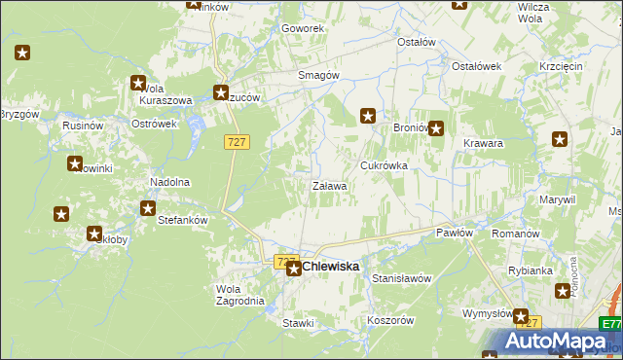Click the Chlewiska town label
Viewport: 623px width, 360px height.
pyautogui.click(x=331, y=266)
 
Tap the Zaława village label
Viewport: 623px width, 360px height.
pyautogui.click(x=329, y=186)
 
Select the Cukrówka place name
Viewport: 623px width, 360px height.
pyautogui.click(x=384, y=166)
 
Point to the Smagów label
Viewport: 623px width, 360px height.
pyautogui.click(x=317, y=75)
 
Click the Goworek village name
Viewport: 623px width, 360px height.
pyautogui.click(x=302, y=29)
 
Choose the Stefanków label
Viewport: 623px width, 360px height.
pyautogui.click(x=183, y=220)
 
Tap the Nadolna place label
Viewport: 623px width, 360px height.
pyautogui.click(x=168, y=182)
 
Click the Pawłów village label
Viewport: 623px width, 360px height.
pyautogui.click(x=455, y=233)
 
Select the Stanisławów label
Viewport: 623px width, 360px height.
pyautogui.click(x=401, y=278)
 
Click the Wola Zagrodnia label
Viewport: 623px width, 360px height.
pyautogui.click(x=238, y=295)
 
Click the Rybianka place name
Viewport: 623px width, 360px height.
pyautogui.click(x=531, y=270)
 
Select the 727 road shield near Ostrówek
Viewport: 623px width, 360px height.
pyautogui.click(x=238, y=142)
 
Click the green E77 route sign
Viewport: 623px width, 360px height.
pyautogui.click(x=610, y=324)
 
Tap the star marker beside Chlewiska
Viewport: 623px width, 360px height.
pyautogui.click(x=293, y=267)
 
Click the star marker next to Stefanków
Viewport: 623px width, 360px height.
pyautogui.click(x=148, y=208)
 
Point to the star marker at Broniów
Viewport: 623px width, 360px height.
pyautogui.click(x=436, y=127)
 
